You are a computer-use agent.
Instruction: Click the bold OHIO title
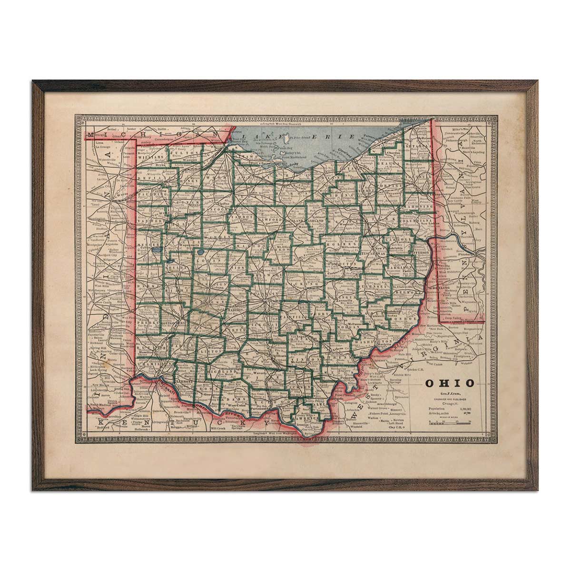(449, 383)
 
